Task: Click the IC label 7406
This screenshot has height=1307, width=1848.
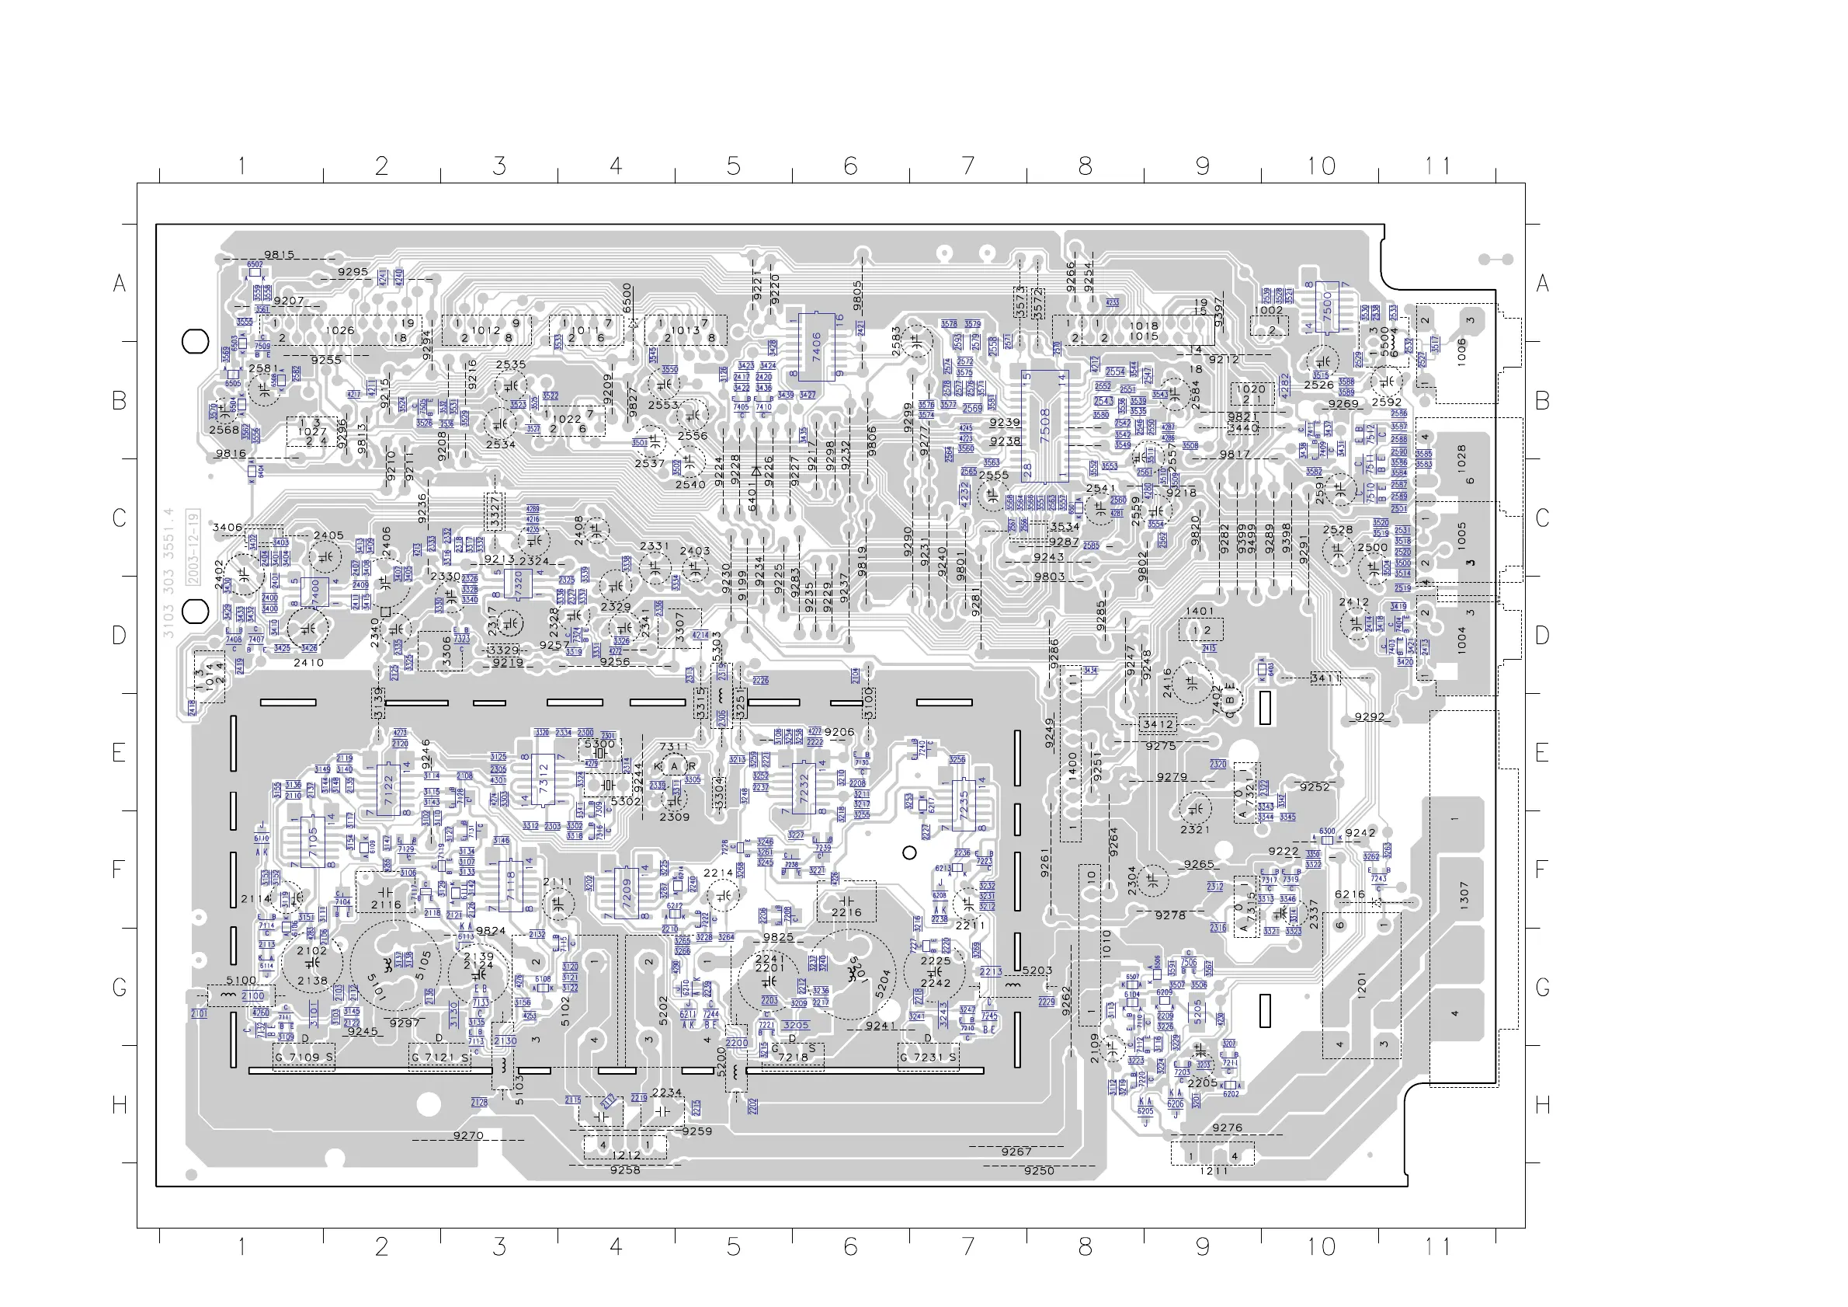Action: click(816, 347)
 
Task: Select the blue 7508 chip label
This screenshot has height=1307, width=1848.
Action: click(1044, 424)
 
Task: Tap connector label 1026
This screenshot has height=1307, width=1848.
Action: click(339, 330)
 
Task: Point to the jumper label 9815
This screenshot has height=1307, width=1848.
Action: click(280, 254)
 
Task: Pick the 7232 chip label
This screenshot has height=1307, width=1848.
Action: click(804, 789)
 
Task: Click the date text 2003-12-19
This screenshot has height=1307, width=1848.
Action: click(193, 548)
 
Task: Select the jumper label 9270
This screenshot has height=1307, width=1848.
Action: click(467, 1135)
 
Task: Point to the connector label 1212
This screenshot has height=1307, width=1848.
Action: click(626, 1155)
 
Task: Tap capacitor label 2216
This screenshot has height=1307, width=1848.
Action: click(846, 912)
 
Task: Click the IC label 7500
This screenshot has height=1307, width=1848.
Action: click(1327, 306)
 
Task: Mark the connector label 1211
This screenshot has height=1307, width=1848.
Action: click(1214, 1170)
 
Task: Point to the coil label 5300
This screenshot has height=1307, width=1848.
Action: click(599, 744)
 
